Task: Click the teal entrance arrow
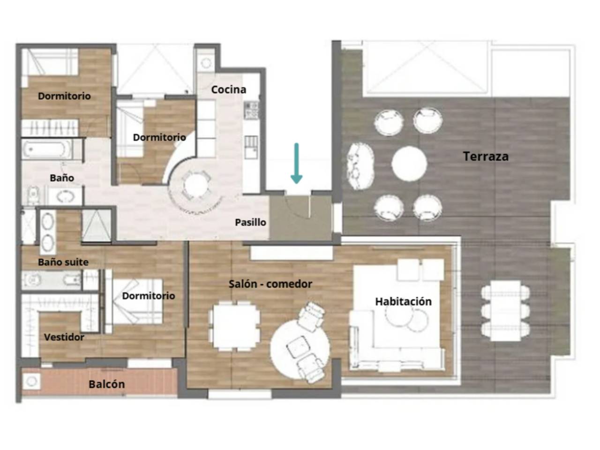[296, 163]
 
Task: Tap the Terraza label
[486, 157]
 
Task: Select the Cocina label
[229, 90]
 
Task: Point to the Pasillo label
[250, 222]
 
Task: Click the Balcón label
[106, 384]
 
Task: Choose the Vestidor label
[64, 337]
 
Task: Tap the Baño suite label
[63, 262]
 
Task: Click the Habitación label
[404, 301]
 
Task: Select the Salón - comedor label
[270, 284]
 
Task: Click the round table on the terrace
[409, 164]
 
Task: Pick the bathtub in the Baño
[47, 149]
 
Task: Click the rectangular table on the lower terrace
[505, 311]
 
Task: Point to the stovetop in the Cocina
[251, 110]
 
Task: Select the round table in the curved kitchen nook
[196, 185]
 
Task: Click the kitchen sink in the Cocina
[251, 147]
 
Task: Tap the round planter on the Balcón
[31, 381]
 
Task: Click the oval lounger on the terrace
[361, 166]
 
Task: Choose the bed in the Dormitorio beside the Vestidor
[135, 301]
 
